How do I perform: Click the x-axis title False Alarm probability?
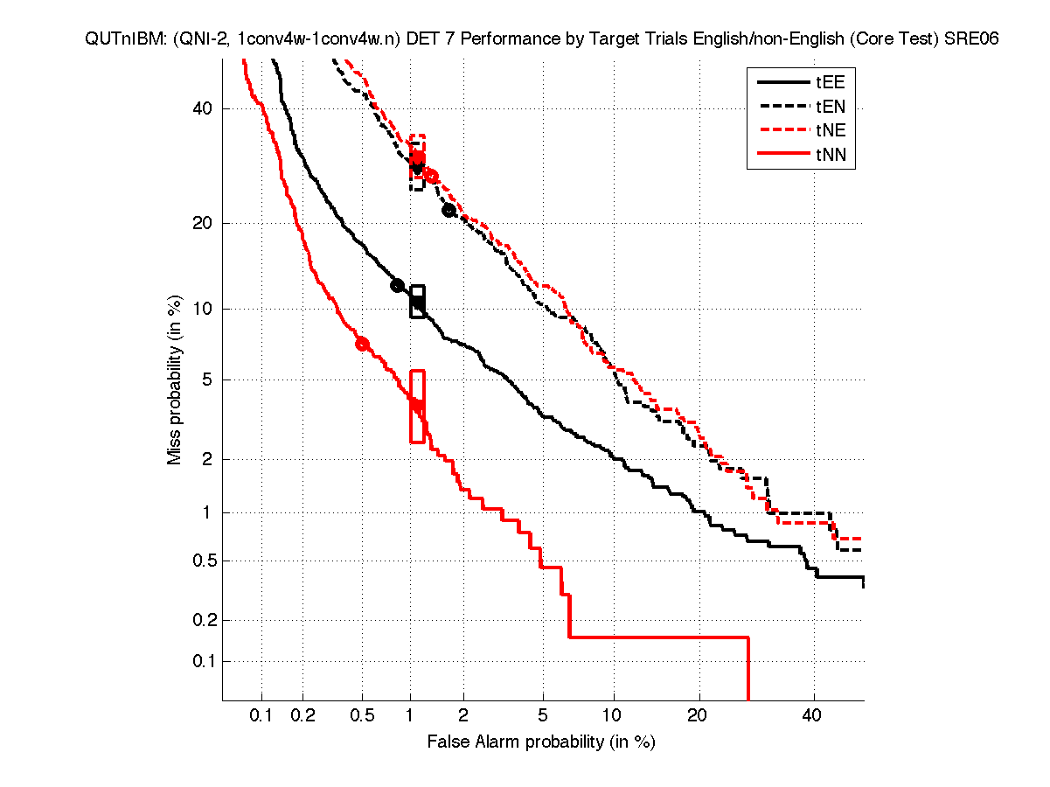[x=540, y=742]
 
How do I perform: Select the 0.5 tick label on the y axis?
[x=201, y=561]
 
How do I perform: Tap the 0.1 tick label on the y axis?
[x=201, y=661]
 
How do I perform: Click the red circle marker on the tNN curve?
[x=362, y=344]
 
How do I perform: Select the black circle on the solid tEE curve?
[x=398, y=285]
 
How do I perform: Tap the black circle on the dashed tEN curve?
[x=449, y=210]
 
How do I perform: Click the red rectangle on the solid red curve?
[x=417, y=407]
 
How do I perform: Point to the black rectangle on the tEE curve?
[x=418, y=302]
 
